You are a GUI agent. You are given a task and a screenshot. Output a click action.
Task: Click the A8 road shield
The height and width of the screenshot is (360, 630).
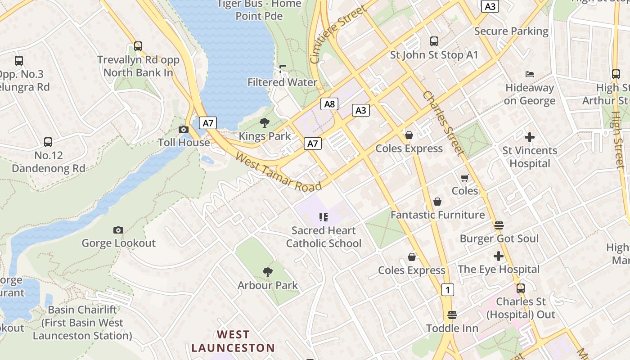tap(330, 104)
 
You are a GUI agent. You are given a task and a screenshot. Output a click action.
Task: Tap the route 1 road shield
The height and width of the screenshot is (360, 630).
tap(447, 290)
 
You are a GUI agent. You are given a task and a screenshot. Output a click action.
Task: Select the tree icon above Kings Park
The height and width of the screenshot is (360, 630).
tap(265, 123)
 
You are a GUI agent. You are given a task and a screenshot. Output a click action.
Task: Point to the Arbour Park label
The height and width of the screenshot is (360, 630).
tap(268, 285)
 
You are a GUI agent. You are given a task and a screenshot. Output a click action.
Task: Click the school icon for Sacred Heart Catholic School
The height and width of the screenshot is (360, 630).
tap(323, 218)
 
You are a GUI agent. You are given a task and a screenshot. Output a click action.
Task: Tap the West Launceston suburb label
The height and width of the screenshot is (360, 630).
tap(233, 341)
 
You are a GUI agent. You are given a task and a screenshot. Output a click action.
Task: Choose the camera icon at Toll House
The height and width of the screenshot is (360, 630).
tap(183, 130)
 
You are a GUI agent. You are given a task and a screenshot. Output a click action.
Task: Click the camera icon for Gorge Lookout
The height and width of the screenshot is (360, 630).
tap(118, 230)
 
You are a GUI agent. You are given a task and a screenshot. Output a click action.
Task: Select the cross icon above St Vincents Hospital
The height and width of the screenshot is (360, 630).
tap(530, 137)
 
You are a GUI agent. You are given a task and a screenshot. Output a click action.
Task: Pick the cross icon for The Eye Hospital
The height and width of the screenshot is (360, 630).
tap(498, 256)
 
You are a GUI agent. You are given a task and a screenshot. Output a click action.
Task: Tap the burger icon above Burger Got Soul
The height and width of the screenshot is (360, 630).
tap(499, 225)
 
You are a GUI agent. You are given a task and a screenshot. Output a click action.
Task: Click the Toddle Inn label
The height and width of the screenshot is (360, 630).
tap(452, 328)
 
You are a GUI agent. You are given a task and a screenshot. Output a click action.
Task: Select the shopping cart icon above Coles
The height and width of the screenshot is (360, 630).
tap(465, 178)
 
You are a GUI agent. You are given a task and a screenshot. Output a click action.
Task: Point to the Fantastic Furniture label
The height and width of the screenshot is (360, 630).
tap(437, 215)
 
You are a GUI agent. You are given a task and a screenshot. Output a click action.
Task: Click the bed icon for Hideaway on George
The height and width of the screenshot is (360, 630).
tap(530, 74)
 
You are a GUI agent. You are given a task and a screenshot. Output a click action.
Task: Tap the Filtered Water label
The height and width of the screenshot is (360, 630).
tap(282, 82)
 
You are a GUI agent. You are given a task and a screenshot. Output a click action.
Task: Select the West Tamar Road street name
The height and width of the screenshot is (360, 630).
tap(279, 172)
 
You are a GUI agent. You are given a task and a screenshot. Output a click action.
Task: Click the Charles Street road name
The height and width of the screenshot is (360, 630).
tap(443, 123)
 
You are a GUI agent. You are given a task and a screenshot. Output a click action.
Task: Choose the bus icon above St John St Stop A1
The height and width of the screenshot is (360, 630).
tap(434, 41)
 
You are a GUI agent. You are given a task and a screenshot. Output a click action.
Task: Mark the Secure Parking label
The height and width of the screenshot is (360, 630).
tap(511, 31)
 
